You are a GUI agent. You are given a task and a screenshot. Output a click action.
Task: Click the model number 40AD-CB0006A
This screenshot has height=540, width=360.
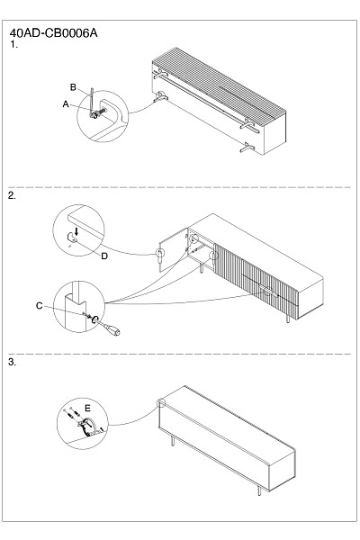53,33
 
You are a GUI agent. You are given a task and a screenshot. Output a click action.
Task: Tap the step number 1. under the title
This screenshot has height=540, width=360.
13,44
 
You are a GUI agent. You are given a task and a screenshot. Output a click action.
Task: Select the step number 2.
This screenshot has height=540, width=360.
12,195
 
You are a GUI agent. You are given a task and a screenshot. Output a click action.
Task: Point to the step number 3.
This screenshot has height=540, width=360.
12,362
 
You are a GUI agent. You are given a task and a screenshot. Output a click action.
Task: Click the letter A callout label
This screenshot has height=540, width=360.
66,104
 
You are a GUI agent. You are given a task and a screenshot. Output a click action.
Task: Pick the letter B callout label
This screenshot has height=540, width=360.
73,87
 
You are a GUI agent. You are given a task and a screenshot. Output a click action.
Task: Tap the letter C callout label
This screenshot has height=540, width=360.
40,306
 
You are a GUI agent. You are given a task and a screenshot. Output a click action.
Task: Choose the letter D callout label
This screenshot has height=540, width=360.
104,256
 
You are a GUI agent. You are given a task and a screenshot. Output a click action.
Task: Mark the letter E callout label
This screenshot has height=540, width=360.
87,409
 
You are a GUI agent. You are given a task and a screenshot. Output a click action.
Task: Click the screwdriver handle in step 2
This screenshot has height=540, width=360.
112,330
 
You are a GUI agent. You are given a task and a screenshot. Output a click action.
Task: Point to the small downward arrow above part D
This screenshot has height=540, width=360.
76,230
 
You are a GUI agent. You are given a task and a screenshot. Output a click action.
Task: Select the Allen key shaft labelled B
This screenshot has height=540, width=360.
92,100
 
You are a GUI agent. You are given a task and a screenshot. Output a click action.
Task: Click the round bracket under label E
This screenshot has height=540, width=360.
88,426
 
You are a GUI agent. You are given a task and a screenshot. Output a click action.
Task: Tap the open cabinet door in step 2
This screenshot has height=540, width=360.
174,249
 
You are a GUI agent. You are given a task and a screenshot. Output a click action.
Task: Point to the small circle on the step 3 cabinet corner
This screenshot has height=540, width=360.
161,402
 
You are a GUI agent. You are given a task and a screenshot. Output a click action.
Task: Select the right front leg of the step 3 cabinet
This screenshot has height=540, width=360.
259,490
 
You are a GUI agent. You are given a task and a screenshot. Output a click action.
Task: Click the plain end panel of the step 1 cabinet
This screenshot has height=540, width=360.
274,133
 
